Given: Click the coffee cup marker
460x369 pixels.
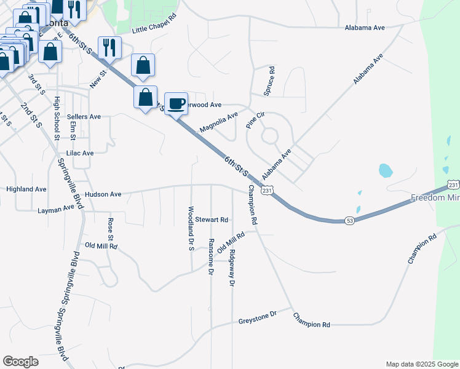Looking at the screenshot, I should point(176,103).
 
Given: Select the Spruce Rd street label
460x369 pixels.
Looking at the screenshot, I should point(269,81).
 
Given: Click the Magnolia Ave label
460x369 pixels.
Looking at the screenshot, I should point(218,122).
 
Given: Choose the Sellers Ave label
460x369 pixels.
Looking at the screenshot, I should point(84,116).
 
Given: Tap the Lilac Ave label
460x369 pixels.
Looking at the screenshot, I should point(79,153).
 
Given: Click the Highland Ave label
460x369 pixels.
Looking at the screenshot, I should point(26,189).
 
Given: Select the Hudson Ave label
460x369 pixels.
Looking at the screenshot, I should point(103,194).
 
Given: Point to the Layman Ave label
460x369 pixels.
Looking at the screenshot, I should point(56,210).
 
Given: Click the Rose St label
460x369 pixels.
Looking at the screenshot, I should point(111,229).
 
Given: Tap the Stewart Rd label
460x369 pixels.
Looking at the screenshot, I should point(212,220).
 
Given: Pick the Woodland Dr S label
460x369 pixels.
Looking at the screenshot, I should point(191,228).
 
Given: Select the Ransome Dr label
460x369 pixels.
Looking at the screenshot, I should point(211,256).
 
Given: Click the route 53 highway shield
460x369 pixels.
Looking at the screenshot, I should point(349,221).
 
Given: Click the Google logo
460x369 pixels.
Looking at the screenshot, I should point(20,362).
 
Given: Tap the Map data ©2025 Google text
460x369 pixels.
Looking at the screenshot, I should point(421,364).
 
